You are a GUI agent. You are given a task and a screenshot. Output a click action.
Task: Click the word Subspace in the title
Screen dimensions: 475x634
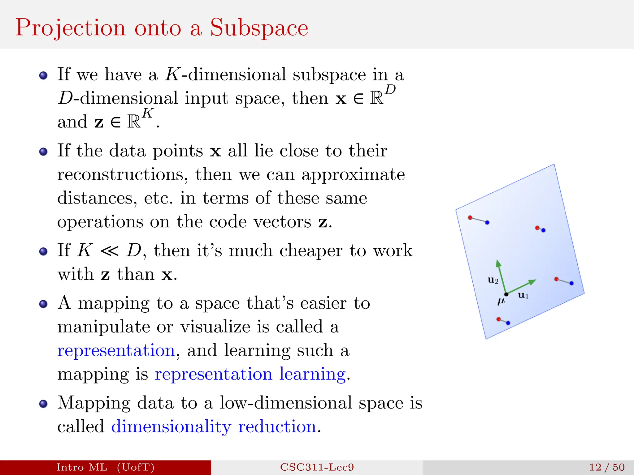point(259,28)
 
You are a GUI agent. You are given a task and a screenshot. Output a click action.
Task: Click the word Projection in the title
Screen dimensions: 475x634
point(71,28)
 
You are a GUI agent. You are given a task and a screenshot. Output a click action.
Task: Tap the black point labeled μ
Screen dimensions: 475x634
point(506,294)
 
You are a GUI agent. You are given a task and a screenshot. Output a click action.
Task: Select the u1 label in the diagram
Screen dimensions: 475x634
point(523,295)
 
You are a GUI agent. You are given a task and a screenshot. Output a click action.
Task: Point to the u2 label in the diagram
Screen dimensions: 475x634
point(493,280)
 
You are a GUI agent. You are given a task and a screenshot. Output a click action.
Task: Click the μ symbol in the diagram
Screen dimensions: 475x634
point(501,301)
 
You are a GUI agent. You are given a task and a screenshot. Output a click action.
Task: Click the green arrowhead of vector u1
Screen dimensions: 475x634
point(532,282)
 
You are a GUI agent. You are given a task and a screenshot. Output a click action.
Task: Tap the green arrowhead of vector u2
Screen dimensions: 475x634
point(498,263)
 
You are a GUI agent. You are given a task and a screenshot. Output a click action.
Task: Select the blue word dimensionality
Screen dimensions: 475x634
point(171,426)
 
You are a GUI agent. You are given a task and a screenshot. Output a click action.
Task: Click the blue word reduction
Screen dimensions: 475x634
point(277,426)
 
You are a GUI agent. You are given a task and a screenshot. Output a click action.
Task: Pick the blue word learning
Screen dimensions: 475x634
point(312,374)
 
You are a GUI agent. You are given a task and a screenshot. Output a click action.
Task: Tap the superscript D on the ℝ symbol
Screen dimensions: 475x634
point(390,90)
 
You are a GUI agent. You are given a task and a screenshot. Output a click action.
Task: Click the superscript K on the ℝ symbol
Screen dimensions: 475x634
point(148,113)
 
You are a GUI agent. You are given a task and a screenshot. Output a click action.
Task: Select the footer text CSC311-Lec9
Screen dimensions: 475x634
point(317,467)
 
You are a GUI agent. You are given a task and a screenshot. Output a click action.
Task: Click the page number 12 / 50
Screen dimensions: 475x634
point(607,467)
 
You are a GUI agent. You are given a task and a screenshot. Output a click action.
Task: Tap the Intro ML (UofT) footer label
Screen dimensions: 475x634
point(105,467)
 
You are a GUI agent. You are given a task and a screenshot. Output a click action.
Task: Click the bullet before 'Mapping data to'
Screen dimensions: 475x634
point(43,404)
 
